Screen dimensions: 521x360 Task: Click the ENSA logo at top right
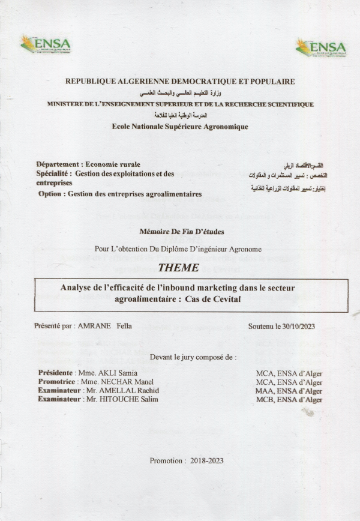click(321, 47)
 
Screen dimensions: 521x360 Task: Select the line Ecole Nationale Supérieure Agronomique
click(179, 127)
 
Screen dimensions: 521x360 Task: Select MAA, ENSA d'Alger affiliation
click(289, 391)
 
